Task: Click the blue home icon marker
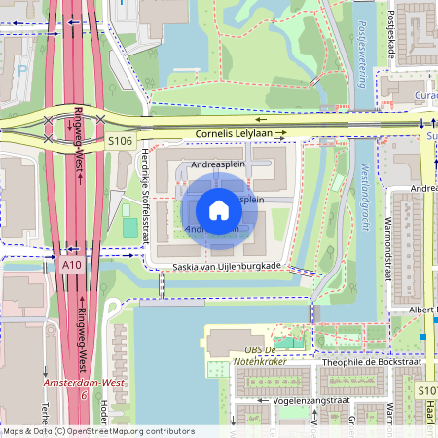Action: [219, 209]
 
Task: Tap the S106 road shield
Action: [120, 142]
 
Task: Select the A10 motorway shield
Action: [71, 264]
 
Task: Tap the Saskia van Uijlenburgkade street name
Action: [226, 266]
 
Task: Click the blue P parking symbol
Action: [22, 70]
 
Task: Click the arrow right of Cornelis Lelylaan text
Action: [280, 133]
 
